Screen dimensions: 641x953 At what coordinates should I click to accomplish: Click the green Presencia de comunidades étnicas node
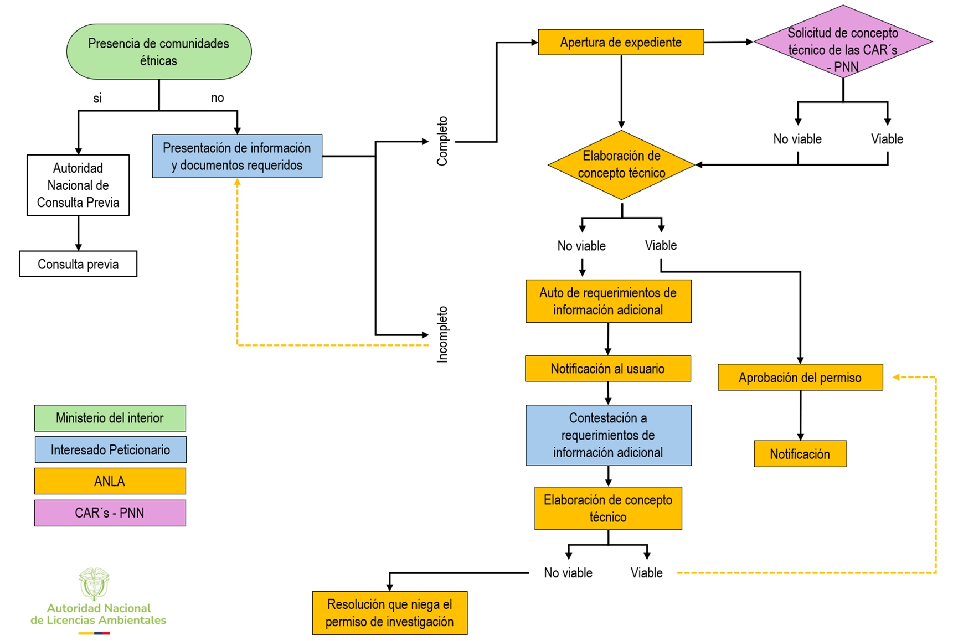[x=159, y=51]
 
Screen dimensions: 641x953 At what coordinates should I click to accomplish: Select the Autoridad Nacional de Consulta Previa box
[x=78, y=185]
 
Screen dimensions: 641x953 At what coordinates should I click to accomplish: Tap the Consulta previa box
[x=78, y=264]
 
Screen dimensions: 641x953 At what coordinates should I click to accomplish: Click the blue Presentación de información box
[x=237, y=156]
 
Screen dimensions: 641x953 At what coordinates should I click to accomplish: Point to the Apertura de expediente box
[x=621, y=42]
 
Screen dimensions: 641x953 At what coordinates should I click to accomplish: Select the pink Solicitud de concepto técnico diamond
[x=842, y=42]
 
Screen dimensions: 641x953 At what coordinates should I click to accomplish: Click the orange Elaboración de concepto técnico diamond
[x=621, y=164]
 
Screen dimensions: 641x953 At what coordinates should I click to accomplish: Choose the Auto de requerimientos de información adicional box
[x=608, y=301]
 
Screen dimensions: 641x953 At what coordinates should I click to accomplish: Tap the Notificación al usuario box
[x=607, y=369]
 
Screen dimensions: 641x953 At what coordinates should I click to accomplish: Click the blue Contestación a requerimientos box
[x=608, y=435]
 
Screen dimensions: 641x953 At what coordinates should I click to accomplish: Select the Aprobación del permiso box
[x=800, y=378]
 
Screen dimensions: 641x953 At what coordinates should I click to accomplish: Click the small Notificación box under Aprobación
[x=800, y=454]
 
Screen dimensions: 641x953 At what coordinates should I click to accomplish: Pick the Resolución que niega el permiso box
[x=389, y=613]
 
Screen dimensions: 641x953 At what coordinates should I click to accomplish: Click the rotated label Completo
[x=442, y=141]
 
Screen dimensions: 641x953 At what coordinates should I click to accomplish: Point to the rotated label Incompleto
[x=442, y=334]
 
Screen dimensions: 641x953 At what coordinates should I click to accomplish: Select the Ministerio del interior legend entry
[x=110, y=418]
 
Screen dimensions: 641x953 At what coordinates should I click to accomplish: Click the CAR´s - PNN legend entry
[x=110, y=513]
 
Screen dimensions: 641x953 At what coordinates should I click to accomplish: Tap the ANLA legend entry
[x=110, y=481]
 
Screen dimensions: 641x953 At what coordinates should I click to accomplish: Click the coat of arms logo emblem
[x=94, y=583]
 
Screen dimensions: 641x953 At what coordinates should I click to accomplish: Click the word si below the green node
[x=97, y=99]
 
